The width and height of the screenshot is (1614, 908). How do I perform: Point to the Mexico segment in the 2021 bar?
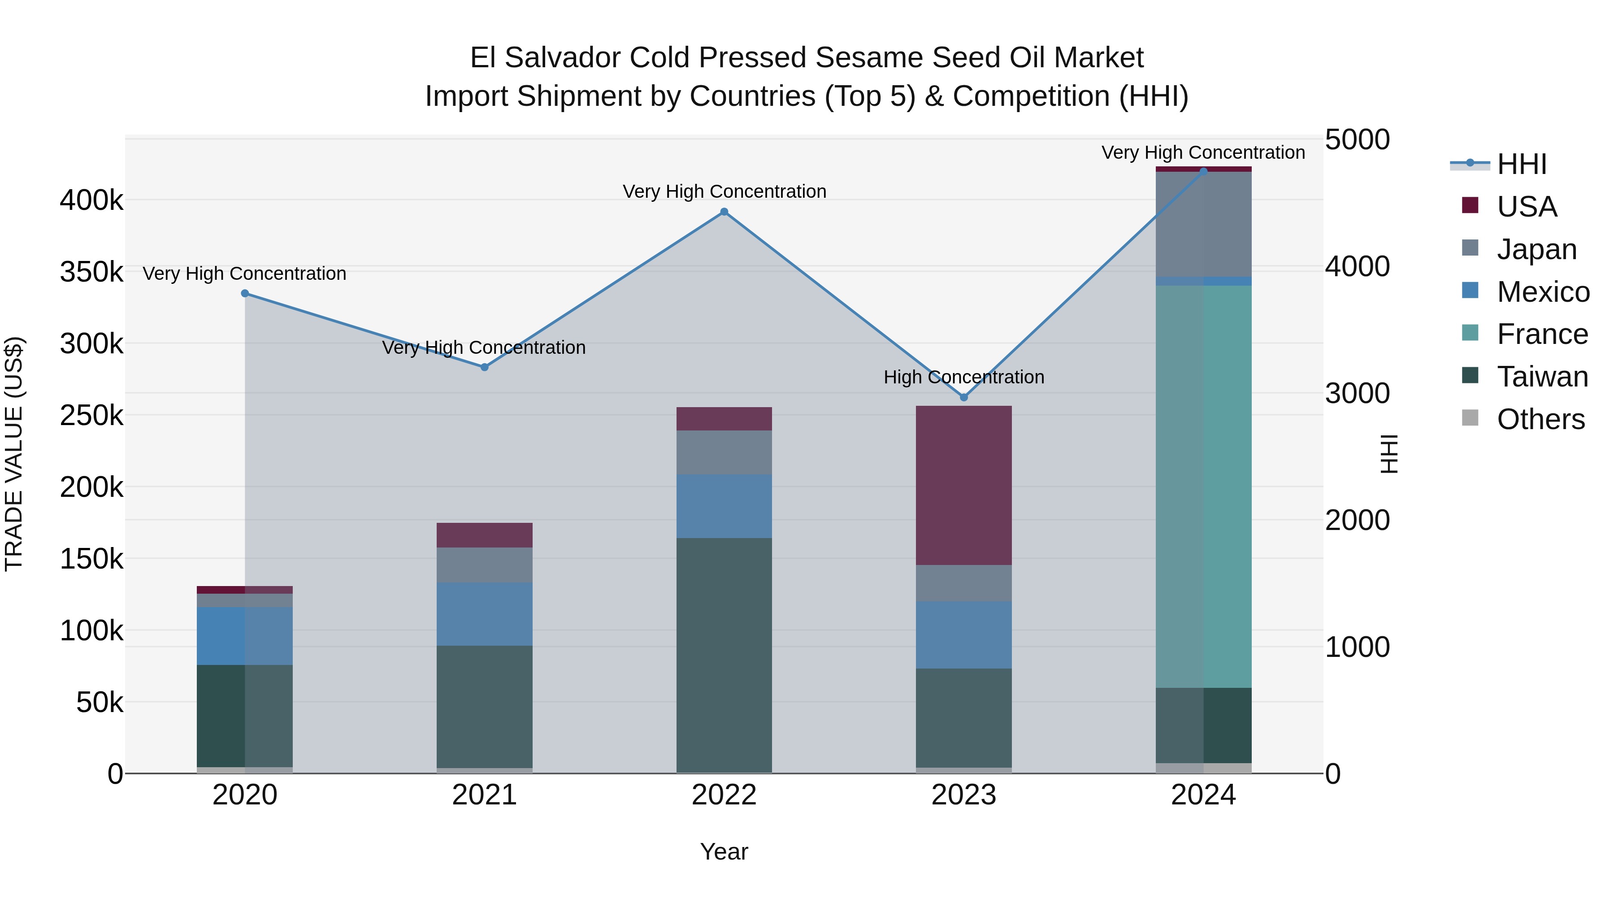point(484,614)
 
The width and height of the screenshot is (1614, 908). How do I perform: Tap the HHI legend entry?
point(1521,164)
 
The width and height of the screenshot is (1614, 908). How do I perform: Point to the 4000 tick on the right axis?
point(1357,266)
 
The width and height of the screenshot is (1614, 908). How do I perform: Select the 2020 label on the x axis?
point(245,795)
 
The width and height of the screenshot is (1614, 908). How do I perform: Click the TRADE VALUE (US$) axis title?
point(14,454)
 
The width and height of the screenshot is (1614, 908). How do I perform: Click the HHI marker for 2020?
point(245,293)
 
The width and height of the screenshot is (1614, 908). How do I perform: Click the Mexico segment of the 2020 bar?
point(245,635)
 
